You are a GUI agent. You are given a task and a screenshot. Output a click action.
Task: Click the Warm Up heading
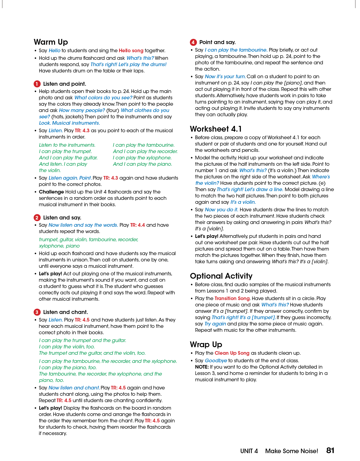[x=51, y=42]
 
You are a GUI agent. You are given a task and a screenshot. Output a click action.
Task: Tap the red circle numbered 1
[x=37, y=84]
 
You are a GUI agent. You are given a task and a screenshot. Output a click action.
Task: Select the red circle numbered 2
[x=37, y=218]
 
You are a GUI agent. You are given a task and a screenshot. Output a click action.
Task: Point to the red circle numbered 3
[x=37, y=312]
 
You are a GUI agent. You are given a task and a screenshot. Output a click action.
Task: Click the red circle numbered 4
[x=193, y=42]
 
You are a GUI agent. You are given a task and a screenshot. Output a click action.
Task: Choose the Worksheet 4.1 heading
[x=216, y=129]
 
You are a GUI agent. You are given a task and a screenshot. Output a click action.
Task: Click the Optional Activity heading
[x=221, y=276]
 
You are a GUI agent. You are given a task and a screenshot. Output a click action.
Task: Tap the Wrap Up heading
[x=206, y=344]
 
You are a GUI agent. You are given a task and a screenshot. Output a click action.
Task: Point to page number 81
[x=330, y=450]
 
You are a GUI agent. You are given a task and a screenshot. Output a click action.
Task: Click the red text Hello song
[x=131, y=51]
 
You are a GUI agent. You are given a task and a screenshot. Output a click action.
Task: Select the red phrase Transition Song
[x=232, y=298]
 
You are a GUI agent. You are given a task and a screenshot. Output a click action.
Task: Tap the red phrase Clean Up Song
[x=232, y=353]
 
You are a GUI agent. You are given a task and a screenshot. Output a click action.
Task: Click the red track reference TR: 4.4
[x=137, y=225]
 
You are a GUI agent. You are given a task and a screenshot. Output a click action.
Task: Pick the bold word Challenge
[x=51, y=192]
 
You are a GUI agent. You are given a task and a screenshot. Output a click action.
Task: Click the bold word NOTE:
[x=202, y=367]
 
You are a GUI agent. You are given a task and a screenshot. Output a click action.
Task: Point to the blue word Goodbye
[x=216, y=360]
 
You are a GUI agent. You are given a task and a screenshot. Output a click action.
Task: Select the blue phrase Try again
[x=215, y=324]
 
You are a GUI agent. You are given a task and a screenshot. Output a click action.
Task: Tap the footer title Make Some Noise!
[x=291, y=451]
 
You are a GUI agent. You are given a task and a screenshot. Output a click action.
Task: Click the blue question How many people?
[x=82, y=110]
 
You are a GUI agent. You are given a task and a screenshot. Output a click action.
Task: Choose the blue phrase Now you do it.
[x=221, y=210]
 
